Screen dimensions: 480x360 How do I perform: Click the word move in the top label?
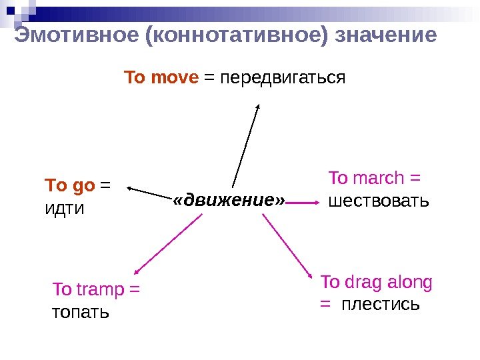[x=175, y=78]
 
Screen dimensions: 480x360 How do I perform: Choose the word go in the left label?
[x=82, y=184]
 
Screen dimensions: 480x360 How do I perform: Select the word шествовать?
[x=379, y=200]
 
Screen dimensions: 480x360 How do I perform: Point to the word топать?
[x=80, y=311]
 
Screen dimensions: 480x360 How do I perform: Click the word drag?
[x=365, y=282]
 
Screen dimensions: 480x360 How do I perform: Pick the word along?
[x=409, y=282]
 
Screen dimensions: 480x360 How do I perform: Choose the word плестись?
[x=381, y=305]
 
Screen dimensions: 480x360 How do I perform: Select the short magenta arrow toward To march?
[x=304, y=202]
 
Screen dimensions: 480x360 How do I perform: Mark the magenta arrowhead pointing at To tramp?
[x=137, y=270]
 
